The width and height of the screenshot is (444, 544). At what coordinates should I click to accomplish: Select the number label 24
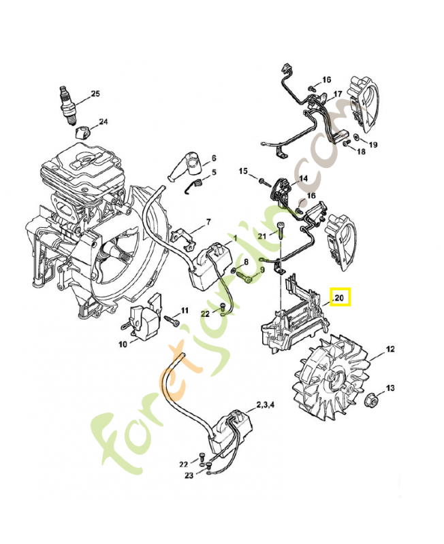click(103, 122)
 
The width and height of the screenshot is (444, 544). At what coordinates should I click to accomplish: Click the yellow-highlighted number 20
click(340, 298)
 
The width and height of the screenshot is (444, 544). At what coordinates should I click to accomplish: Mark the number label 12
click(390, 350)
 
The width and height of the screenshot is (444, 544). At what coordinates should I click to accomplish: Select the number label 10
click(123, 345)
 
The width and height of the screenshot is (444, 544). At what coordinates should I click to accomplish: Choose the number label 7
click(208, 222)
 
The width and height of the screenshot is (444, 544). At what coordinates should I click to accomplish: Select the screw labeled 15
click(262, 180)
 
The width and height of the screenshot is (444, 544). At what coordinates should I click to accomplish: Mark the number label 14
click(303, 178)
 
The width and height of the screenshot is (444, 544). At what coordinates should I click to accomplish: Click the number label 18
click(361, 151)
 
